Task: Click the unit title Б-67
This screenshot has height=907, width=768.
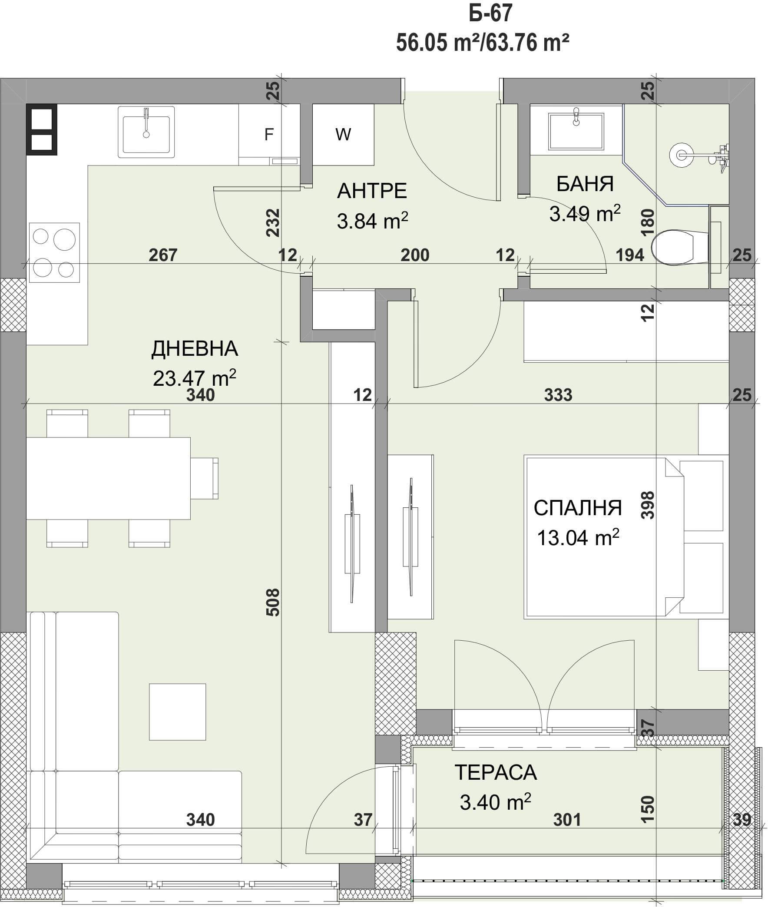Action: (x=491, y=13)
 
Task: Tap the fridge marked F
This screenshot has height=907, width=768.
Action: (x=269, y=135)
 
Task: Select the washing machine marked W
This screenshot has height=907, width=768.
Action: (x=343, y=135)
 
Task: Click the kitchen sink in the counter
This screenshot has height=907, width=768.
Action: (x=146, y=132)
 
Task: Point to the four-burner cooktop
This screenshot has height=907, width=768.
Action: (x=54, y=252)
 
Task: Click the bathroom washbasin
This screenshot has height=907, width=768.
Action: (x=576, y=131)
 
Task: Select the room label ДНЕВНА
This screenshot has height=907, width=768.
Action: (x=195, y=349)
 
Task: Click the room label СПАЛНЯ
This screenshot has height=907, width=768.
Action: (x=578, y=508)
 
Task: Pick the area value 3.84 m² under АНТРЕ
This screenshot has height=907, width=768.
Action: (x=373, y=221)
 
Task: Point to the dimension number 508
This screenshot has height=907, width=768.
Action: (x=272, y=602)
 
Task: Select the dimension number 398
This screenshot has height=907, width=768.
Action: (x=648, y=505)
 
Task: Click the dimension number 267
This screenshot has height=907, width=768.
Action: (x=163, y=255)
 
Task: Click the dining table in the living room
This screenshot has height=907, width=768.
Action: (x=109, y=478)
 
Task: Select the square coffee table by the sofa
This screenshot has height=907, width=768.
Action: (x=178, y=712)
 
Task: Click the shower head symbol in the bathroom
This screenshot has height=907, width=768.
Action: (x=682, y=154)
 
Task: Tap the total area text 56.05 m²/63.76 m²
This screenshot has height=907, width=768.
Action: (x=483, y=43)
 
